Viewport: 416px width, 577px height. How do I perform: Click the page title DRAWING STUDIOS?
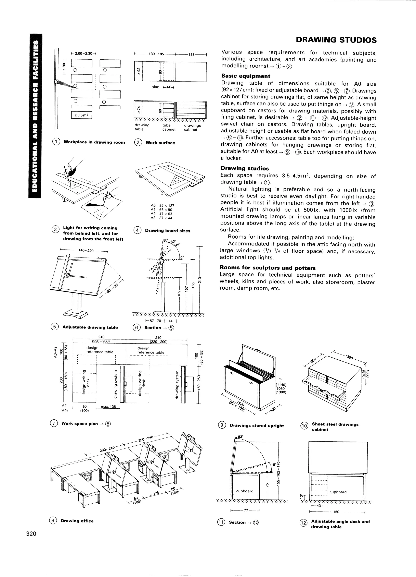336,40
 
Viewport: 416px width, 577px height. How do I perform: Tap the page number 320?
31,533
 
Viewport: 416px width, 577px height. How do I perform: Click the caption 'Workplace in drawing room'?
94,142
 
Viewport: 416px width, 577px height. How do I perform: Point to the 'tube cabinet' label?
169,127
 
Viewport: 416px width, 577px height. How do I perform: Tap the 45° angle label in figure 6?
177,245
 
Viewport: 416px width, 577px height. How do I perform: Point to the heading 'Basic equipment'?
246,76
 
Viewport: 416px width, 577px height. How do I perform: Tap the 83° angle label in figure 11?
241,437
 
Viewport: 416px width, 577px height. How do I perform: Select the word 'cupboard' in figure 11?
245,491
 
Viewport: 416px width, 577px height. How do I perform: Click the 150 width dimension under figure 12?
336,512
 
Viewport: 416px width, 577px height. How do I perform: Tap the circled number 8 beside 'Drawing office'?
53,521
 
